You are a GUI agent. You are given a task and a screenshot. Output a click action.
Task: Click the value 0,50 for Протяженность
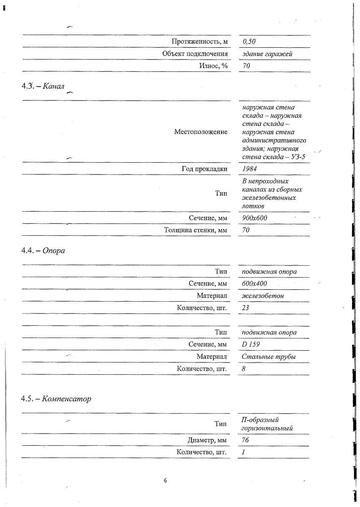pyautogui.click(x=250, y=42)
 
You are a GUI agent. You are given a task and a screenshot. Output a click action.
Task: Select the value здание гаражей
pyautogui.click(x=267, y=54)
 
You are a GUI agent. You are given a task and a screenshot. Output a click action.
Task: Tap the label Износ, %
pyautogui.click(x=213, y=66)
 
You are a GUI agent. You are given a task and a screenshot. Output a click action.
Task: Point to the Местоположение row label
pyautogui.click(x=201, y=132)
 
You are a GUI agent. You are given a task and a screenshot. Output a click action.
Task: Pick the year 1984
pyautogui.click(x=250, y=169)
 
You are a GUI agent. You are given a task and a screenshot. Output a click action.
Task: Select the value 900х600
pyautogui.click(x=254, y=218)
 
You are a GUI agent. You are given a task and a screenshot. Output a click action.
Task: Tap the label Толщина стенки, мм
pyautogui.click(x=196, y=230)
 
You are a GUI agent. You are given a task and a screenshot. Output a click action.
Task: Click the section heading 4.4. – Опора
pyautogui.click(x=43, y=250)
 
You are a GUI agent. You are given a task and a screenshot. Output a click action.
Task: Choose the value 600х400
pyautogui.click(x=254, y=283)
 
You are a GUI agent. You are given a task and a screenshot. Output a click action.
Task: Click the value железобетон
pyautogui.click(x=263, y=296)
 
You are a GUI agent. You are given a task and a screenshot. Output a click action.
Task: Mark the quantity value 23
pyautogui.click(x=245, y=308)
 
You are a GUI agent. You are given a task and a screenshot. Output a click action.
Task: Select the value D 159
pyautogui.click(x=251, y=344)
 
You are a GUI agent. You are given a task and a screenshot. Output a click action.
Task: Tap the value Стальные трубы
pyautogui.click(x=269, y=357)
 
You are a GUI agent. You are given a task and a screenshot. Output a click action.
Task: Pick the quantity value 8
pyautogui.click(x=244, y=369)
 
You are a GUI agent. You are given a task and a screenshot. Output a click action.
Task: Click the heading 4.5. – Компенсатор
pyautogui.click(x=56, y=399)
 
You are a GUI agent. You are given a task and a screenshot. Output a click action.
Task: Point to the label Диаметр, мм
pyautogui.click(x=207, y=441)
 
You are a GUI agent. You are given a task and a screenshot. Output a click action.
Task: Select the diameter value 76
pyautogui.click(x=245, y=441)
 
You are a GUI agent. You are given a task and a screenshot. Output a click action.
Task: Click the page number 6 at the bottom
pyautogui.click(x=165, y=480)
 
